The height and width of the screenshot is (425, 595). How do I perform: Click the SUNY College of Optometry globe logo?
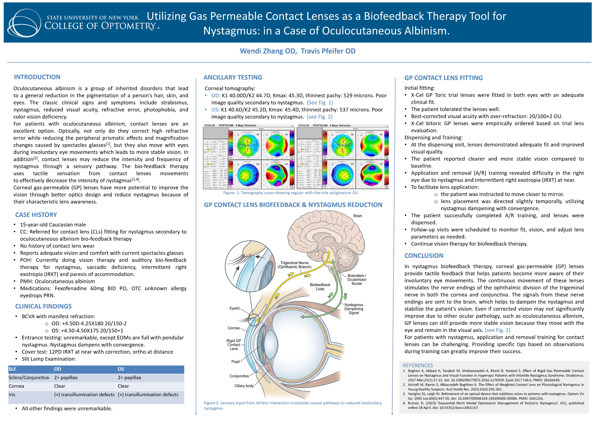(24, 23)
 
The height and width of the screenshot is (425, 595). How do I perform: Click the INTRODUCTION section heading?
(37, 77)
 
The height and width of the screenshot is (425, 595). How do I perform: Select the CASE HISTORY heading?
(36, 215)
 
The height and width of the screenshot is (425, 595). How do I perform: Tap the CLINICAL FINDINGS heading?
(43, 306)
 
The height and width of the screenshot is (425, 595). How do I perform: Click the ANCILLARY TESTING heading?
(233, 77)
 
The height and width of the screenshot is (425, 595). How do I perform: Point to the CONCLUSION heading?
(424, 256)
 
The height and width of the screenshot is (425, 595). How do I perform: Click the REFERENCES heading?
(418, 365)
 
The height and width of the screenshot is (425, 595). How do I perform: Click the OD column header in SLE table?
(58, 369)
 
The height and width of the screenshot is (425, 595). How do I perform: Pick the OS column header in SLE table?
(121, 369)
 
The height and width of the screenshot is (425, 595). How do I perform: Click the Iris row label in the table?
(12, 395)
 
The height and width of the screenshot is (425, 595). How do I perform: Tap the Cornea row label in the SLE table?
(16, 386)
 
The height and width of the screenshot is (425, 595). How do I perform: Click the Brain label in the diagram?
(357, 216)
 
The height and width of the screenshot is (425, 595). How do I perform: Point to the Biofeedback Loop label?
(320, 287)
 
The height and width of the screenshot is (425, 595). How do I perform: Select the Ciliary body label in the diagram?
(244, 386)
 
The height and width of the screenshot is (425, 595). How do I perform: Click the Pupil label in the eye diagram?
(235, 362)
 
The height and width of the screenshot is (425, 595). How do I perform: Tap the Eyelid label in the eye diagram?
(234, 308)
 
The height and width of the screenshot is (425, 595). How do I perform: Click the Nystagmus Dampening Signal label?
(354, 309)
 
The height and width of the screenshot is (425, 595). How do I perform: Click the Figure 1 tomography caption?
(290, 193)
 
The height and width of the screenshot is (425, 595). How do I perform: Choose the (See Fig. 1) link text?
(320, 103)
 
